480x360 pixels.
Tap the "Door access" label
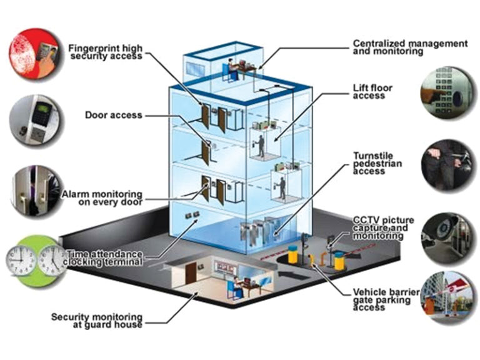[x=114, y=115]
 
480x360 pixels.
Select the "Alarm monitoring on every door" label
[x=102, y=198]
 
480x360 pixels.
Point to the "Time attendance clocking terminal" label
[x=105, y=257]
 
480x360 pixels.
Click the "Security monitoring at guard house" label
[x=99, y=321]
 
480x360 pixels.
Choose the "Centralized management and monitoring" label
[x=410, y=47]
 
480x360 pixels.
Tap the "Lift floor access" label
[x=372, y=92]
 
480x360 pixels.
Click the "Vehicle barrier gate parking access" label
[x=379, y=298]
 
